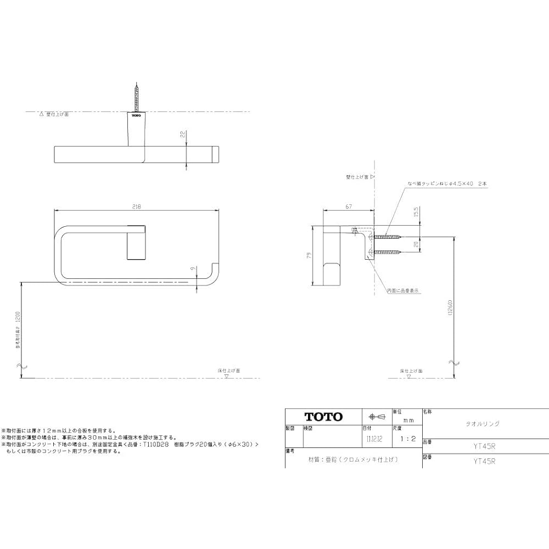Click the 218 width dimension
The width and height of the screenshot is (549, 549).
(x=137, y=206)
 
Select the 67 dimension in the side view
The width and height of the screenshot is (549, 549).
(x=348, y=206)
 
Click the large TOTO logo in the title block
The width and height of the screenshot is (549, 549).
(x=323, y=417)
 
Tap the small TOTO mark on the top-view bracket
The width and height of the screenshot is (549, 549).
(x=136, y=115)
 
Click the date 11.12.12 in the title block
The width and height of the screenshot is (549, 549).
(x=373, y=439)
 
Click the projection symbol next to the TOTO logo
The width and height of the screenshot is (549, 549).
(x=376, y=417)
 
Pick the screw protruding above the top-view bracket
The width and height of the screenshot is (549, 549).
(x=136, y=97)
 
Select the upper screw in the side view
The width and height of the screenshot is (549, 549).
(x=389, y=238)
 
